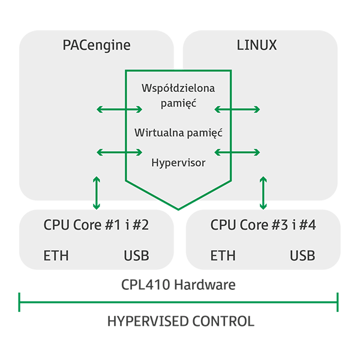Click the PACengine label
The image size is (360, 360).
[97, 45]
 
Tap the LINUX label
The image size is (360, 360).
[257, 45]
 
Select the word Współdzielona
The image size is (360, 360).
[178, 88]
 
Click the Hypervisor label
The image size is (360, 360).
[178, 162]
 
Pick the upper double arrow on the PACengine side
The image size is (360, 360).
[119, 109]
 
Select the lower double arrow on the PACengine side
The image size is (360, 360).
[119, 153]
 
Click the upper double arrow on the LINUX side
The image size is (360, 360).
[238, 109]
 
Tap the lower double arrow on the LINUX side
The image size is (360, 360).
[238, 153]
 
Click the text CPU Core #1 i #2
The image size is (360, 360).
[96, 226]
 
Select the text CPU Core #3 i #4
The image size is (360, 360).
[263, 226]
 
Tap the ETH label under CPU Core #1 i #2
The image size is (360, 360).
[56, 256]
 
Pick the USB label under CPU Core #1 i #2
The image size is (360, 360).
[136, 256]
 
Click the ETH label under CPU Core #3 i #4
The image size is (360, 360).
[223, 256]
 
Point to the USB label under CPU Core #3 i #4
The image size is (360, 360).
[302, 256]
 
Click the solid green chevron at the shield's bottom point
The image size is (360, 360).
[178, 209]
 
